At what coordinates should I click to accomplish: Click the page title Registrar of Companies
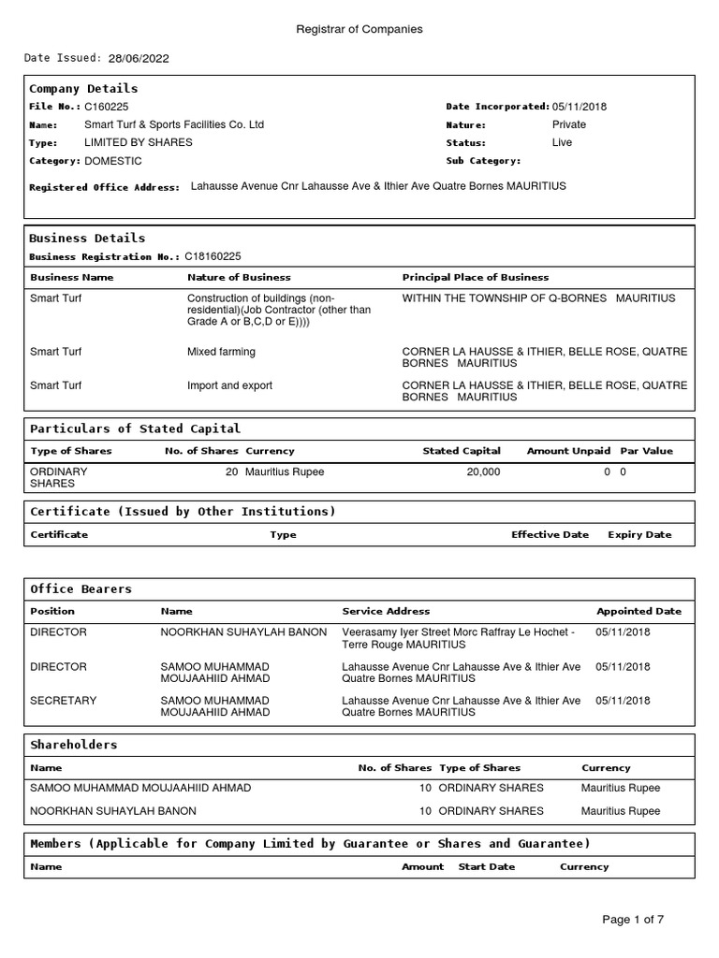pos(359,29)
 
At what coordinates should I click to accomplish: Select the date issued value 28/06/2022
pos(139,58)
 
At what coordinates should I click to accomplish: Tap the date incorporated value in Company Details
pos(580,107)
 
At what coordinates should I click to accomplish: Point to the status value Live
pos(562,142)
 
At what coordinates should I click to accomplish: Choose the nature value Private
pos(569,124)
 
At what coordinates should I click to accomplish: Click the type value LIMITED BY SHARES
pos(139,142)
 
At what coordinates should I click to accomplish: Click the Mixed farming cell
pos(221,352)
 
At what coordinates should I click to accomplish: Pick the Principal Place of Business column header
pos(476,277)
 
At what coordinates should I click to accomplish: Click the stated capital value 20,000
pos(483,472)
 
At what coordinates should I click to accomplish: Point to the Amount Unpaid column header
pos(568,451)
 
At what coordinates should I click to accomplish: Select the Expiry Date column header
pos(639,534)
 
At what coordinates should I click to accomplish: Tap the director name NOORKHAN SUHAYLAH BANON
pos(243,632)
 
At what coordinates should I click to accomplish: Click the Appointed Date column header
pos(639,611)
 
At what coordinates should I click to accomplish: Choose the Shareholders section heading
pos(74,745)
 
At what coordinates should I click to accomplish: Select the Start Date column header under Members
pos(487,866)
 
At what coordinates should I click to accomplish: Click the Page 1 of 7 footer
pos(633,920)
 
